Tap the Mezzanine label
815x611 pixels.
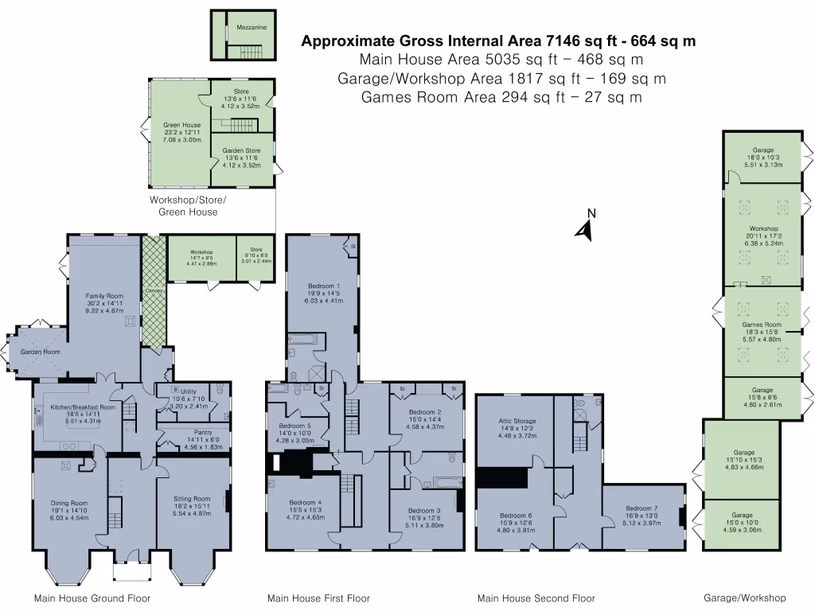point(252,27)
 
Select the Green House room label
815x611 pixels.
point(181,125)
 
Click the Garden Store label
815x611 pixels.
point(241,150)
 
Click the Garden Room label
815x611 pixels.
point(41,352)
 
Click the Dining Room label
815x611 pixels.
point(68,503)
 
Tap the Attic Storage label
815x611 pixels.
point(518,420)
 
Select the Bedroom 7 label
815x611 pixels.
point(641,508)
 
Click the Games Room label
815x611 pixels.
point(762,325)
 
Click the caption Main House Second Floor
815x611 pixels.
point(536,598)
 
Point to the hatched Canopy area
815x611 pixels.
point(154,291)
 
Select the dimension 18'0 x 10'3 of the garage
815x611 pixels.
point(763,158)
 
